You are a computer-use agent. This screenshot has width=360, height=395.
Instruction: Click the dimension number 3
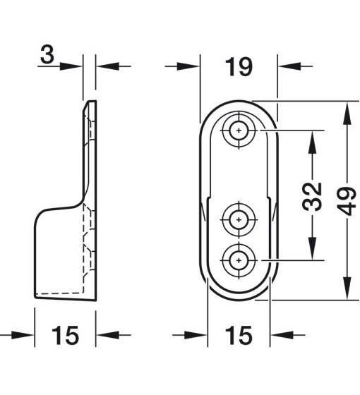pos(47,55)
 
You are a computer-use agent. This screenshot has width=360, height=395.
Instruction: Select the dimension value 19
pos(239,67)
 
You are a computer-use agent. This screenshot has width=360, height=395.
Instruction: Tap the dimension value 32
pos(312,197)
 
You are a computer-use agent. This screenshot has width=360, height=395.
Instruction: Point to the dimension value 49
pos(347,201)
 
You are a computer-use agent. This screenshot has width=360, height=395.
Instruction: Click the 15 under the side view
pos(65,335)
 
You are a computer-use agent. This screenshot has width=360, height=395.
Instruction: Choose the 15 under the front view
pos(239,335)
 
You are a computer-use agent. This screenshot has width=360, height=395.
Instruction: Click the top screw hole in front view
pos(239,130)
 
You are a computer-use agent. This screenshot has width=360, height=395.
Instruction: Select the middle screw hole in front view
pos(239,219)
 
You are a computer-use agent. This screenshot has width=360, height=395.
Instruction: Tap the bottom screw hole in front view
pos(239,260)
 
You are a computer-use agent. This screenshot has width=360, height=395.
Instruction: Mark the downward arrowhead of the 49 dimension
pos(347,288)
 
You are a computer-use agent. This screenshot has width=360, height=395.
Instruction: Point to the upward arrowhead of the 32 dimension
pos(312,142)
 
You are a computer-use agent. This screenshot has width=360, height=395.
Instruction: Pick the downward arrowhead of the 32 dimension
pos(312,248)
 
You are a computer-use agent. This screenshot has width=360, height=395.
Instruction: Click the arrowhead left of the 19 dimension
pos(188,66)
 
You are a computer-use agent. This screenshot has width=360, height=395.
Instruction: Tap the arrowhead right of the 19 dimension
pos(289,66)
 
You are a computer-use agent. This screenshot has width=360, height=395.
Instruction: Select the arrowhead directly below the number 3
pos(71,66)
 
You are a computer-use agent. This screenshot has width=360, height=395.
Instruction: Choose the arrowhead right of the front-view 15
pos(282,335)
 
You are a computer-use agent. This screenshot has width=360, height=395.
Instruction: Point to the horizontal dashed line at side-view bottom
pos(59,293)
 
